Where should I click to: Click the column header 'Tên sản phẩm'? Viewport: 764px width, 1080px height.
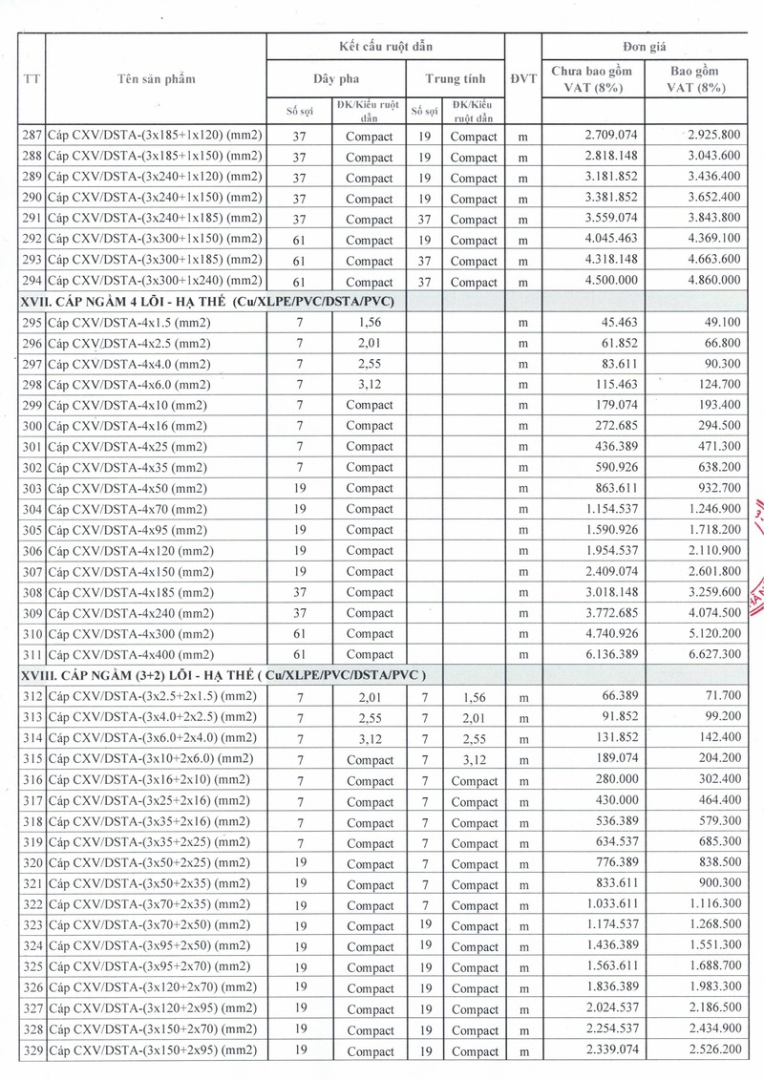tap(155, 79)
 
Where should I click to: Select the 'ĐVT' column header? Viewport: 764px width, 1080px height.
tap(523, 79)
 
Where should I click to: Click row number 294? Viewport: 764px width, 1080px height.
tap(32, 281)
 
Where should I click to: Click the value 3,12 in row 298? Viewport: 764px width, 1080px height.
tap(371, 385)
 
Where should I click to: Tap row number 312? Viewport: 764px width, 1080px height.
tap(32, 697)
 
